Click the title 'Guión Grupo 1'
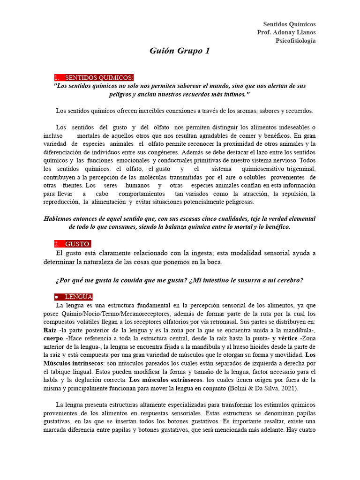point(180,51)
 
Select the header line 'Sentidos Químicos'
point(289,24)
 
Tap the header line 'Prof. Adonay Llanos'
point(286,32)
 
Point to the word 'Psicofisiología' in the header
point(295,41)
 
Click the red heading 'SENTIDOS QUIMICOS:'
point(99,77)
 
